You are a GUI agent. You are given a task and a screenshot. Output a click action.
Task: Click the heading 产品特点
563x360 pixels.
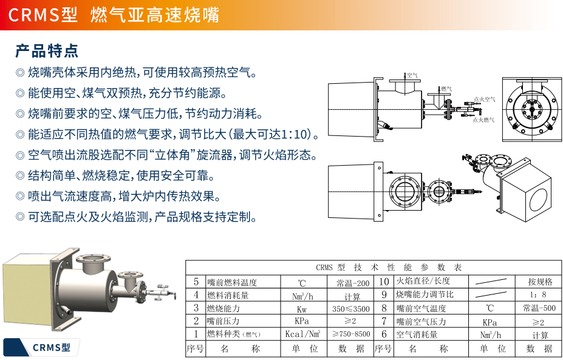pos(47,50)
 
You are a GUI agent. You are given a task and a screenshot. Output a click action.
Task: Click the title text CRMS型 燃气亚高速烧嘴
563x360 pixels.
pos(114,15)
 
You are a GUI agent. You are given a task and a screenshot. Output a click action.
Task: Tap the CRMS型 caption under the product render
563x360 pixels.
pos(52,347)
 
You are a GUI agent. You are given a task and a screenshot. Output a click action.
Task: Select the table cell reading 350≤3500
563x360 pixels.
pos(350,308)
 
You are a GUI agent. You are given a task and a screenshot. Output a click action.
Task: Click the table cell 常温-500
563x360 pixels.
pos(539,308)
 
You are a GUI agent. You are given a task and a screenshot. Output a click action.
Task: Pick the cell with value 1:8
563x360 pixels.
pos(538,294)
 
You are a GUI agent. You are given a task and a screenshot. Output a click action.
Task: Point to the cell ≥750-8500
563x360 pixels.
pos(351,334)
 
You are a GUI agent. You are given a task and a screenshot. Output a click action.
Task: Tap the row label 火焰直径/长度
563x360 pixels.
pos(423,280)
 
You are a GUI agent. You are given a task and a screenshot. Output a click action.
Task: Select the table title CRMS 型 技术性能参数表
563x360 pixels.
pos(389,267)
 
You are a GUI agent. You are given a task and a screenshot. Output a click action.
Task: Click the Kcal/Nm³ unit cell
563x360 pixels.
pos(302,334)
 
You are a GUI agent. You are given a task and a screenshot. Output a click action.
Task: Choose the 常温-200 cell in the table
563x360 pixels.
pos(353,283)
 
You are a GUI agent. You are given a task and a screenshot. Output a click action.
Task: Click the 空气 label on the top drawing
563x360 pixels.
pos(412,75)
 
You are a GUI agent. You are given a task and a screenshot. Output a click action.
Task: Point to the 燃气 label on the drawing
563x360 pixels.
pos(446,89)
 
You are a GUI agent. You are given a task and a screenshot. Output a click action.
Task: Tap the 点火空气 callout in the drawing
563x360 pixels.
pos(485,99)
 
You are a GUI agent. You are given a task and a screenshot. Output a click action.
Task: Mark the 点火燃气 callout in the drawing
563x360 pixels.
pos(483,120)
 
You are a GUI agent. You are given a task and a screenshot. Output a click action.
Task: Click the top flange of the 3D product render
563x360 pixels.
pos(94,259)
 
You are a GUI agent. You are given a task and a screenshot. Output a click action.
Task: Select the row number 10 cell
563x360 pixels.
pos(384,282)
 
